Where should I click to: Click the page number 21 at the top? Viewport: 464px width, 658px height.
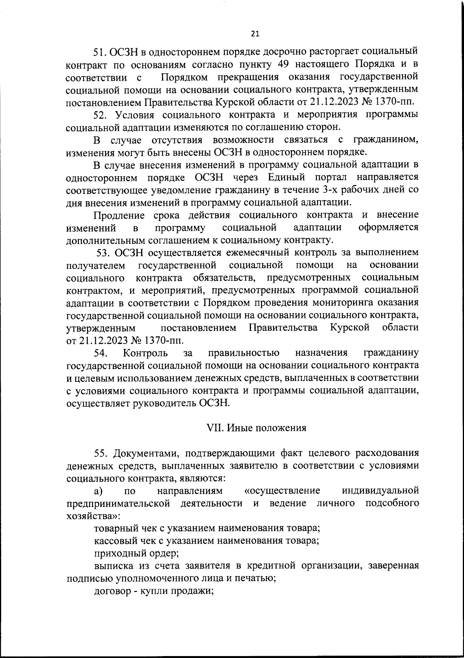(255, 34)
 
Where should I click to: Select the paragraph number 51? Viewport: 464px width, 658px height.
(100, 51)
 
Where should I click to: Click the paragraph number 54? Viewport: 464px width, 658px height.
(101, 353)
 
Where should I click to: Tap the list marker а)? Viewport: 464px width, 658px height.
(99, 491)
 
